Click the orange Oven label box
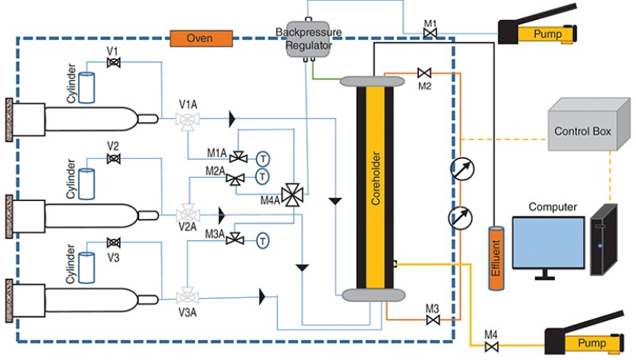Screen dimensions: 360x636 coord(200,38)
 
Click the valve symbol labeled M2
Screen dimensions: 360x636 coord(423,73)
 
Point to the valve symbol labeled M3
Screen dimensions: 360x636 coord(432,320)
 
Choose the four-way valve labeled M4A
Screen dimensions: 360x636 coord(293,194)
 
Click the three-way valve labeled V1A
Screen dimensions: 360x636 coord(188,120)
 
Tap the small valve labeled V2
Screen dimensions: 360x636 coord(114,159)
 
